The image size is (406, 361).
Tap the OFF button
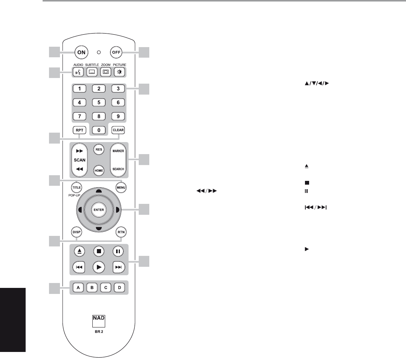point(116,52)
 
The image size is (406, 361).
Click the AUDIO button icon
point(78,72)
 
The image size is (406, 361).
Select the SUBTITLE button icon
point(92,72)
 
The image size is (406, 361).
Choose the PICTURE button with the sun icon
point(120,72)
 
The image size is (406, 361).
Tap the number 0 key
point(99,130)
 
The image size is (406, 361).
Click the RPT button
point(80,130)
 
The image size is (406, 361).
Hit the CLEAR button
point(118,130)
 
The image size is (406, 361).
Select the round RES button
point(99,149)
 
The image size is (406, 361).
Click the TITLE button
point(77,188)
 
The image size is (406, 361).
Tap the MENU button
point(121,188)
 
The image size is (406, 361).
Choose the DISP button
point(77,232)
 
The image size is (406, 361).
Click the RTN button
point(121,232)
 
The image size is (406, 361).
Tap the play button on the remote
point(99,267)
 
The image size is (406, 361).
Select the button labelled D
point(120,288)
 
